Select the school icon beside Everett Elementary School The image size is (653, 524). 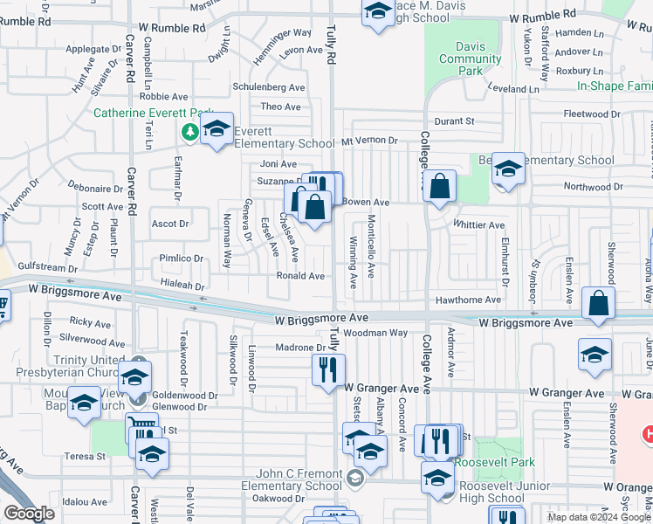[217, 130]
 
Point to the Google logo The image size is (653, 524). [29, 513]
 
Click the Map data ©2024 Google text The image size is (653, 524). [599, 517]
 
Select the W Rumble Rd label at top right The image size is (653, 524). [543, 16]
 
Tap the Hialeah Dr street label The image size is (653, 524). [181, 286]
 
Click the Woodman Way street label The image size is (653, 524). [375, 333]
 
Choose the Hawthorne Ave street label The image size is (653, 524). [469, 300]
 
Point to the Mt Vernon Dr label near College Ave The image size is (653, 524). [368, 140]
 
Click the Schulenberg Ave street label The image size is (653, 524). [268, 87]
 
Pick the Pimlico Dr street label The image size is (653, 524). [181, 259]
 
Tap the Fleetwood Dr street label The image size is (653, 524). [590, 114]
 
